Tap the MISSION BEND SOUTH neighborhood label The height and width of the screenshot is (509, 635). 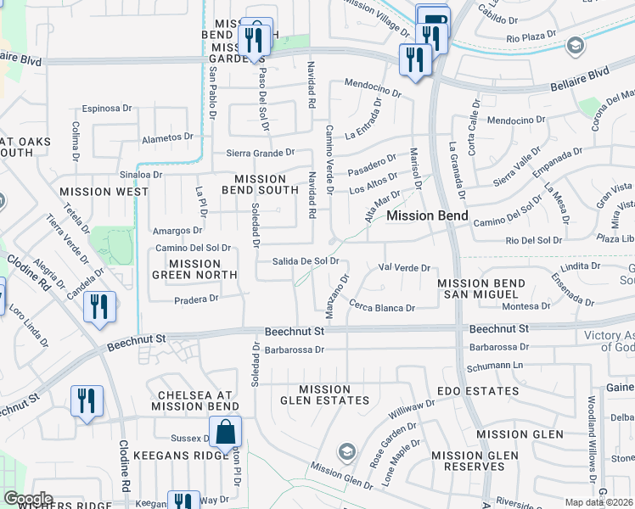[260, 184]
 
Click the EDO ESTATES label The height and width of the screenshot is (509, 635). [478, 391]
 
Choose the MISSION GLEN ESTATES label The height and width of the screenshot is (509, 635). [325, 394]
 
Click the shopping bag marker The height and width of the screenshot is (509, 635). [225, 433]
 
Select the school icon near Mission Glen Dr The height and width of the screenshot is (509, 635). [346, 450]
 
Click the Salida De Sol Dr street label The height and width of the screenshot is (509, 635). [306, 261]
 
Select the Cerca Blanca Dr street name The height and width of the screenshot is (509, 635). [382, 308]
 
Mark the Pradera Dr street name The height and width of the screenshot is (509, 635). [197, 298]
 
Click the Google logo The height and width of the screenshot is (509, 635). [28, 499]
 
